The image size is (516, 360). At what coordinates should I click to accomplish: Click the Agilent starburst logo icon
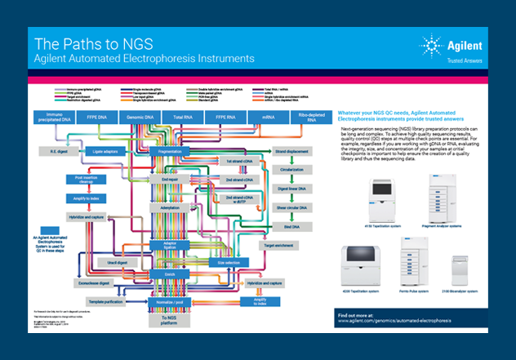click(x=432, y=45)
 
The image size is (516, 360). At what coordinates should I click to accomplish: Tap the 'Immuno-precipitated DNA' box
click(x=56, y=119)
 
